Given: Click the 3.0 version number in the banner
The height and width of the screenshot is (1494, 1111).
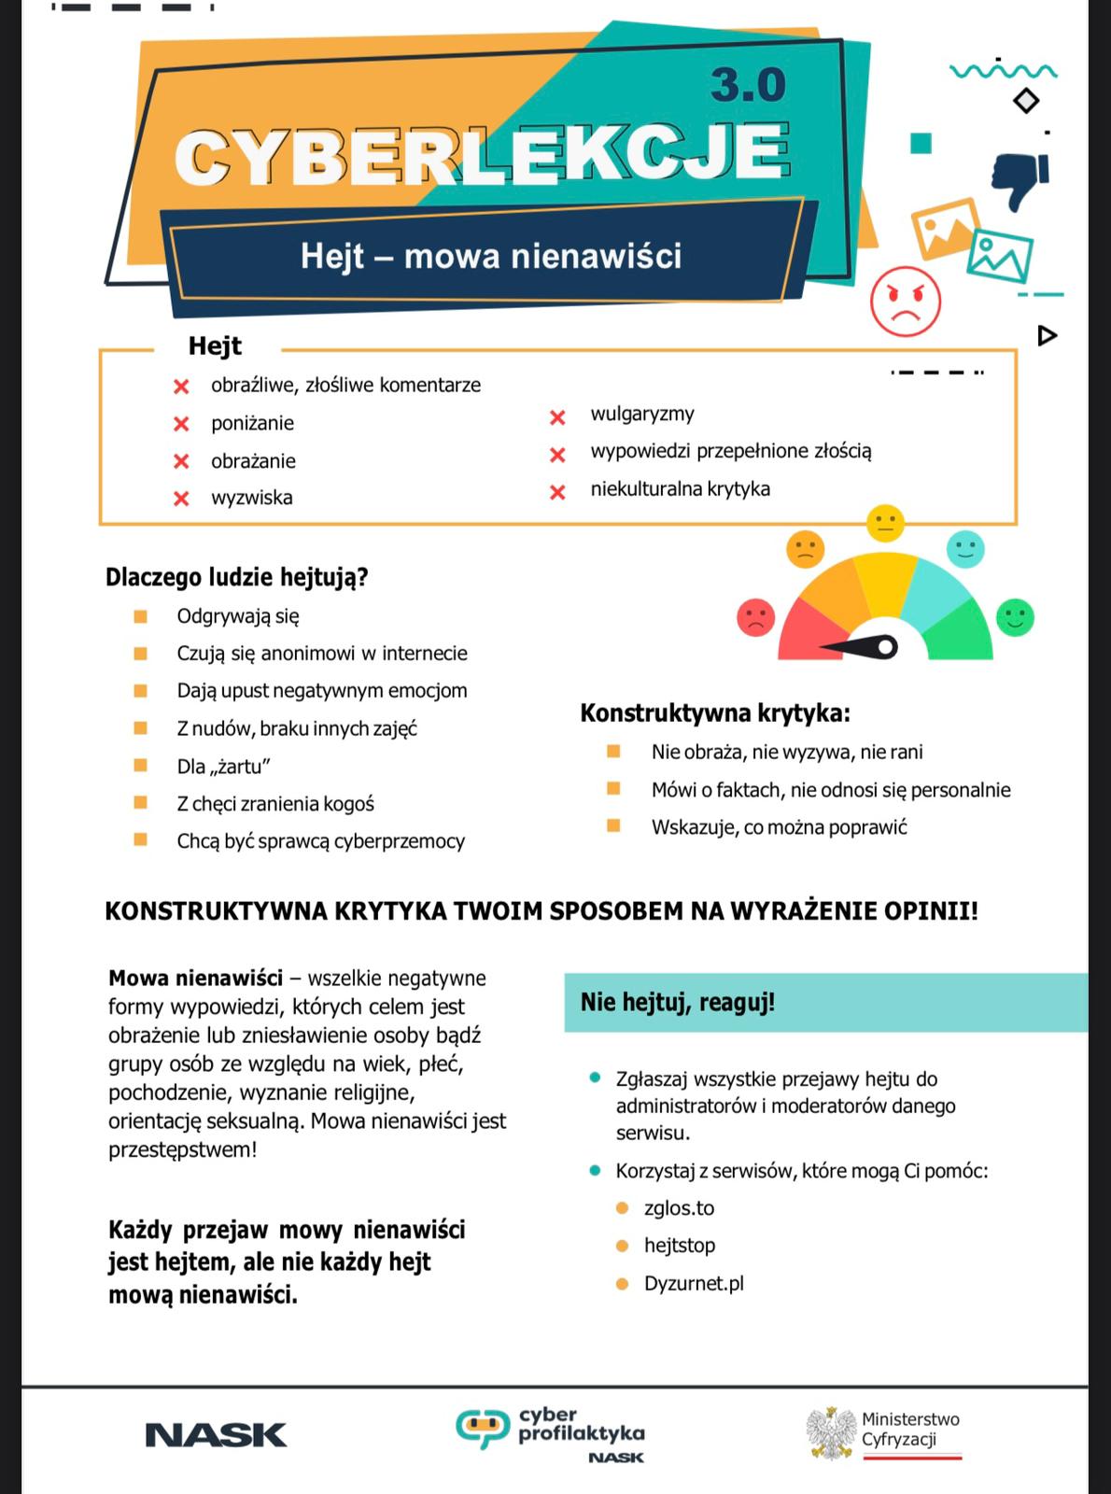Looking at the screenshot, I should (x=748, y=86).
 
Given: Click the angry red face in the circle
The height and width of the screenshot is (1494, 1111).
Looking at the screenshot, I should (x=905, y=301).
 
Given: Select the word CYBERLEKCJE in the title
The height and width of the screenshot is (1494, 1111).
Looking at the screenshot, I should (x=482, y=154).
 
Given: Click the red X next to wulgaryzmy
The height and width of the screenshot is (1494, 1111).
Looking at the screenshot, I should (x=557, y=417).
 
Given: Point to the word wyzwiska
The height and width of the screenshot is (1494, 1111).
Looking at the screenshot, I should (x=251, y=498).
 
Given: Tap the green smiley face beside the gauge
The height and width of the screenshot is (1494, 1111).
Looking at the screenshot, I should (x=1015, y=617).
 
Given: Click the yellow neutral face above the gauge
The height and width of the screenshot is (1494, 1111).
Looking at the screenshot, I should (x=885, y=523).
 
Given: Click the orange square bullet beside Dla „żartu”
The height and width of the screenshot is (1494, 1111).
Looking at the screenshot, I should (x=141, y=766).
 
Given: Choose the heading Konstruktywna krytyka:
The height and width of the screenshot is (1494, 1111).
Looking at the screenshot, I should (x=715, y=713).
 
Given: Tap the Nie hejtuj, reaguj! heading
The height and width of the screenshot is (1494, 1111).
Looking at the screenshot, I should (x=678, y=1003).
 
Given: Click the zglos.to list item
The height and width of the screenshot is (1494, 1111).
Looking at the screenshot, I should (x=679, y=1208).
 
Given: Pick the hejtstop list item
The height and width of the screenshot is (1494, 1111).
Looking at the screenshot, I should (x=679, y=1246).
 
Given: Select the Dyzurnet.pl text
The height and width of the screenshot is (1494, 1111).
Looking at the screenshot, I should (x=694, y=1284).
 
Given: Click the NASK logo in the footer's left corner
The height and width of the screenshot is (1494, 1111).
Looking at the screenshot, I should (x=216, y=1435).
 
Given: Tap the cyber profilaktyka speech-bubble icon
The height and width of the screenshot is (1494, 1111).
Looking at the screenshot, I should (x=483, y=1429).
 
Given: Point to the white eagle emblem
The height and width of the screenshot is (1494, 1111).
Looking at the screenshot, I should (x=831, y=1432).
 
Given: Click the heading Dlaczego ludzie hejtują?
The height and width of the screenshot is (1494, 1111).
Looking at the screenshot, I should (x=237, y=577).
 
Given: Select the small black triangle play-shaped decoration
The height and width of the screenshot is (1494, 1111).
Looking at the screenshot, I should (x=1047, y=335).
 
